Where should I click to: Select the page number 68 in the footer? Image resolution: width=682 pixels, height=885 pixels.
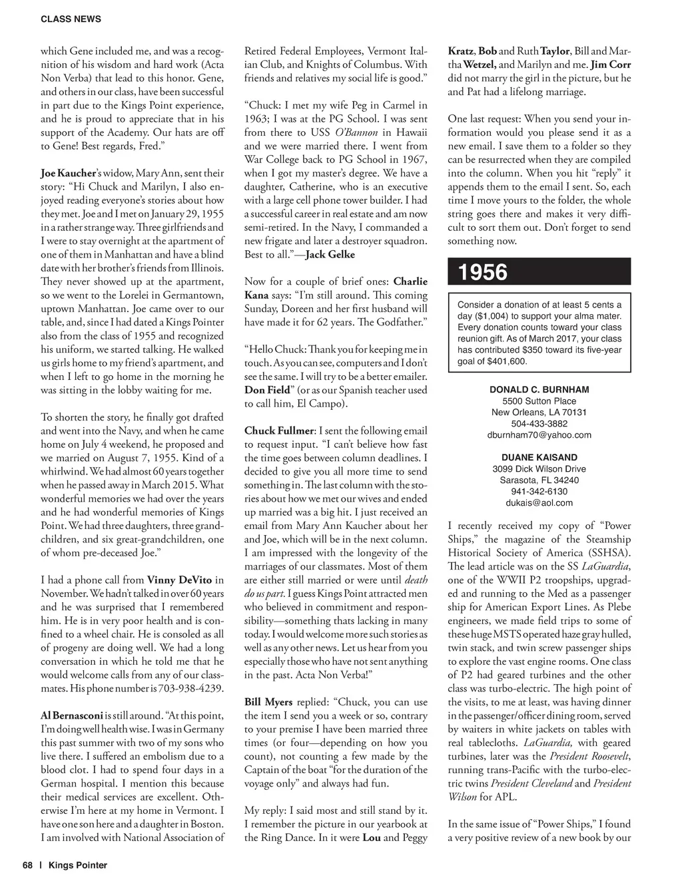pos(27,866)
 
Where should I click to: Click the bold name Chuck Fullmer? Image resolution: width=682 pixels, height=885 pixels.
pos(278,431)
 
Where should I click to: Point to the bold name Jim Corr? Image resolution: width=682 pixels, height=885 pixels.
pos(611,65)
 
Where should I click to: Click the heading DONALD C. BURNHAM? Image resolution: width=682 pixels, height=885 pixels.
pos(539,389)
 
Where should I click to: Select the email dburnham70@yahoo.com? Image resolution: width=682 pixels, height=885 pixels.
pos(539,435)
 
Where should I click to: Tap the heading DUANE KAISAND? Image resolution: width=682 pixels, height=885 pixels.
pos(539,458)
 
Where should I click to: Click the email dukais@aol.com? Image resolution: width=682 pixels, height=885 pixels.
pos(539,503)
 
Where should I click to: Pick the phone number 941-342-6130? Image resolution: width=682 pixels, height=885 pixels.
pos(539,492)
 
